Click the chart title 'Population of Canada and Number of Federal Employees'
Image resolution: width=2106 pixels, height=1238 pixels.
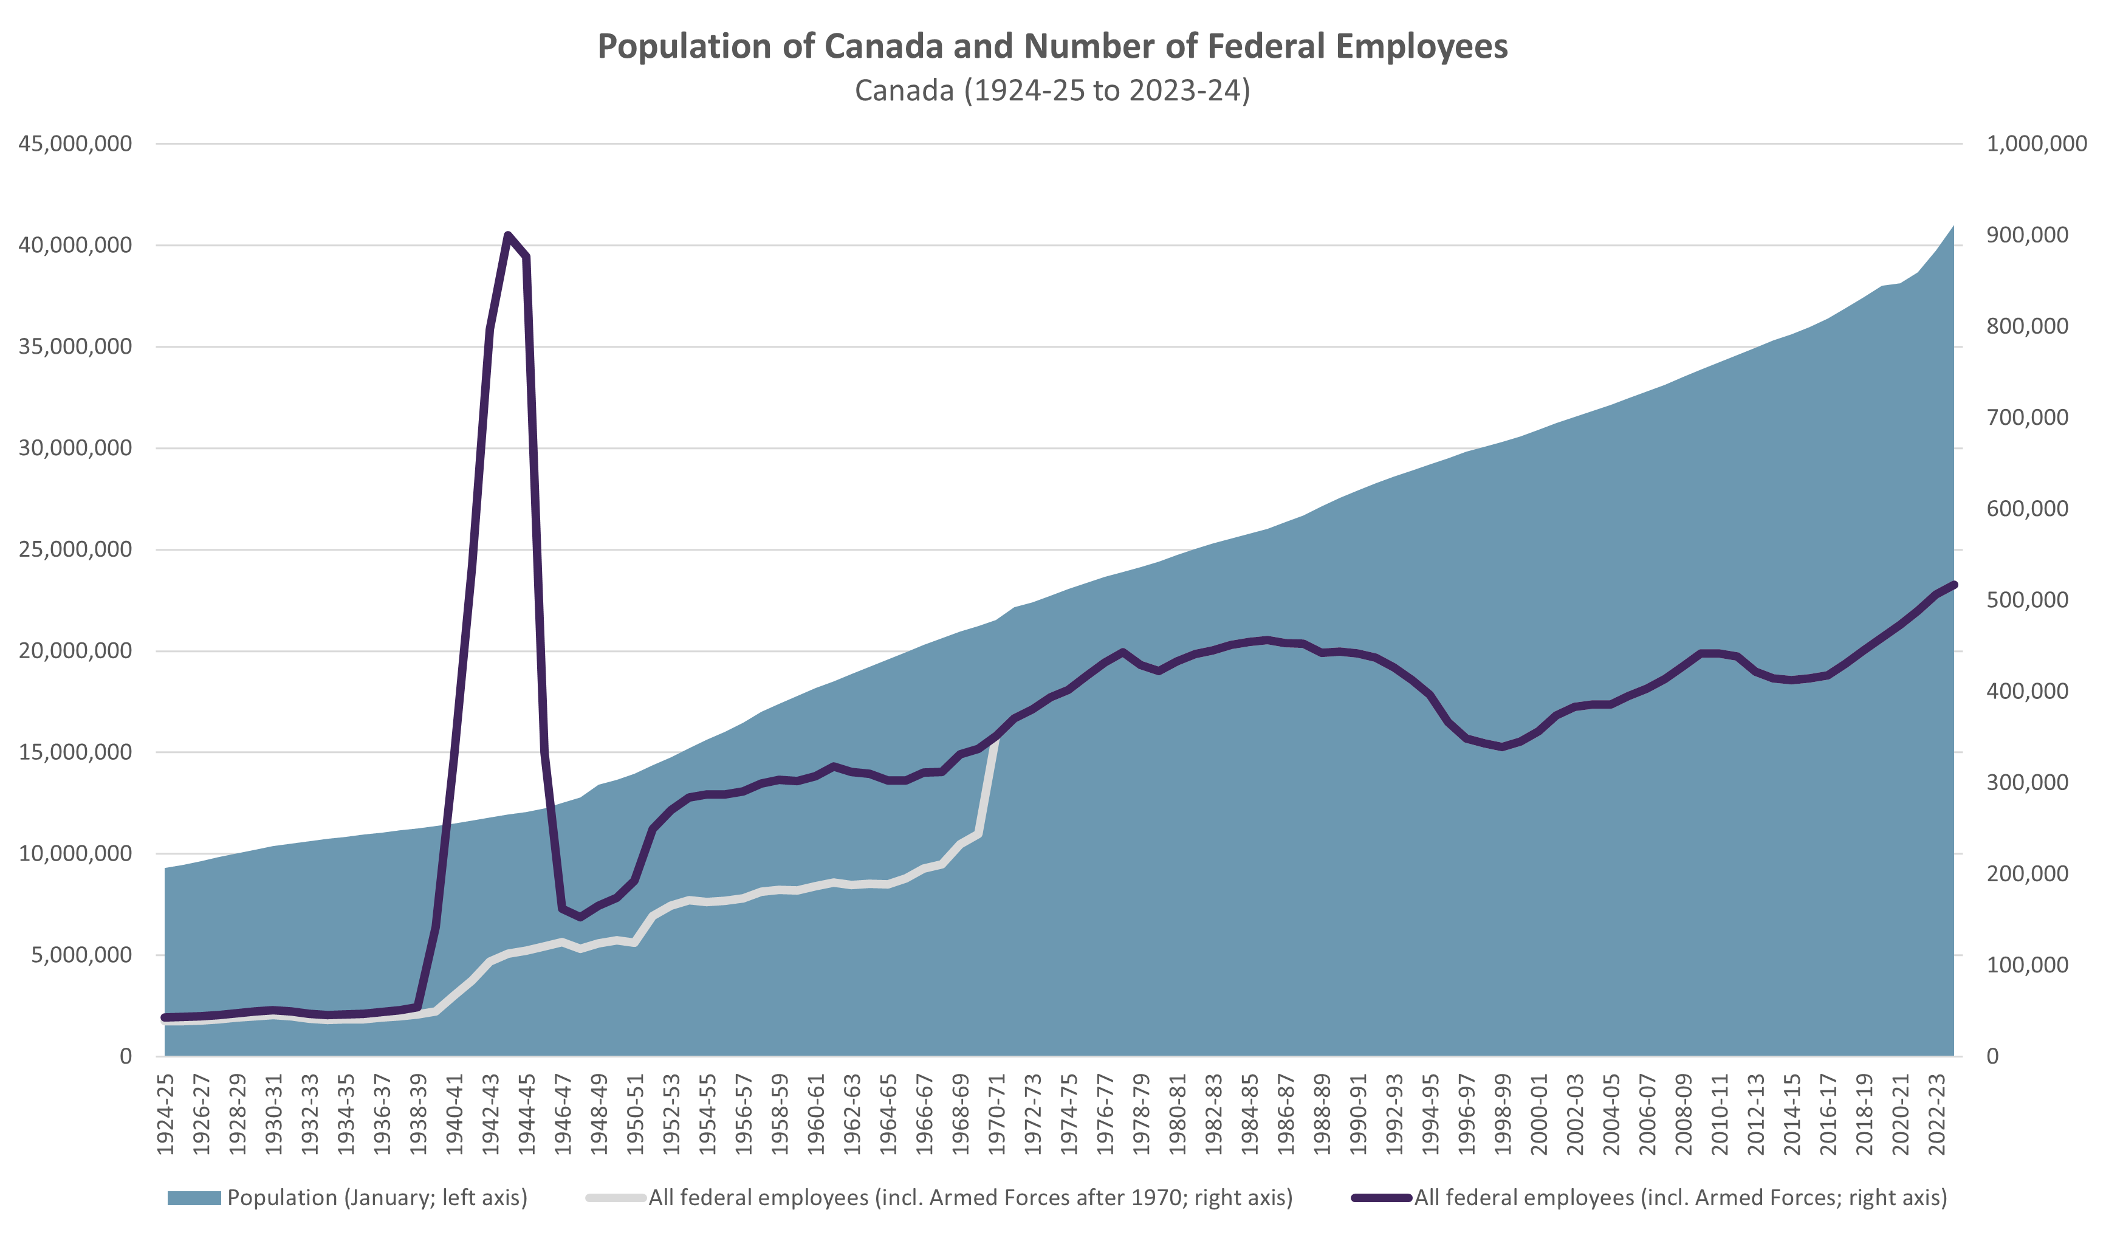(1052, 46)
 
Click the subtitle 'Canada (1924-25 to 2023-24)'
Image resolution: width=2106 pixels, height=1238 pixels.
(1052, 91)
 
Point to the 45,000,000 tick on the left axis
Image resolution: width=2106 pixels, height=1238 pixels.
(75, 144)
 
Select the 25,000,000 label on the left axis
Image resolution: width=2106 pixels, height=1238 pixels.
(75, 549)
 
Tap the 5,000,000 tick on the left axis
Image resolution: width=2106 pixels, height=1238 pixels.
(82, 955)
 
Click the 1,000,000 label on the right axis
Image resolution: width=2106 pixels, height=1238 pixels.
(2036, 144)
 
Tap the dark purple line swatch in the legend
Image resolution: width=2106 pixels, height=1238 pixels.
(1381, 1198)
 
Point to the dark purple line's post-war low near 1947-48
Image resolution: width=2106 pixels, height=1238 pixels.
(581, 917)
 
